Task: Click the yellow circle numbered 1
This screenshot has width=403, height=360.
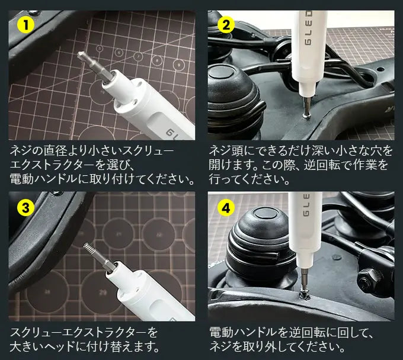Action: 24,25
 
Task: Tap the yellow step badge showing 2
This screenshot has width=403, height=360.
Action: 225,25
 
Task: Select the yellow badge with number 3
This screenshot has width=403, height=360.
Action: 24,207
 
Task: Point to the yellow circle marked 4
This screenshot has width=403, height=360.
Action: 225,207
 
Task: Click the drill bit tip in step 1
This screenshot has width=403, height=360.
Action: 81,55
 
